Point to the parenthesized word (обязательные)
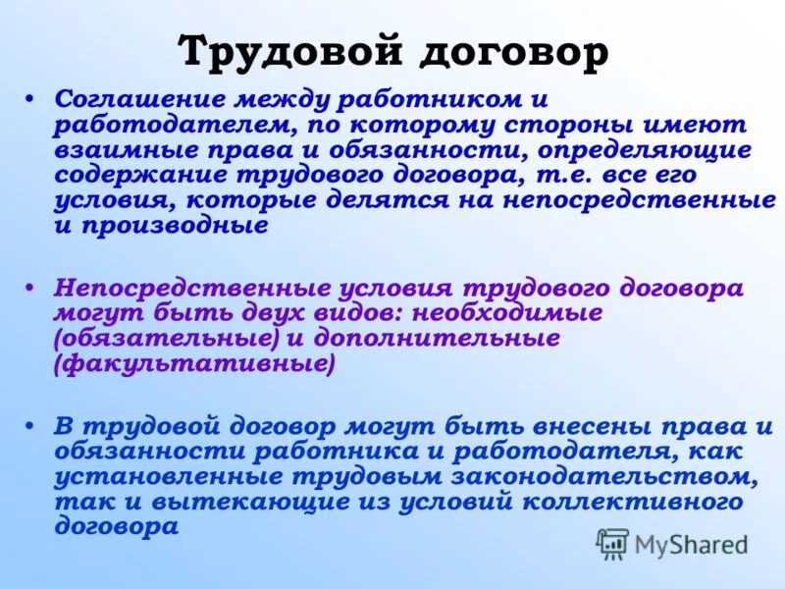[168, 339]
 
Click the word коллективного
[619, 502]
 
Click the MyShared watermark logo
[672, 544]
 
